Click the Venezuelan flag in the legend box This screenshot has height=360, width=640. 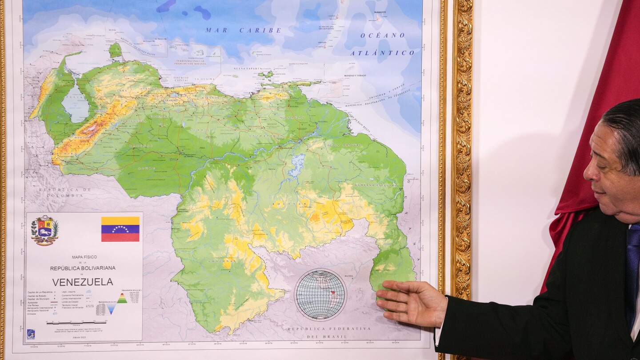click(x=120, y=229)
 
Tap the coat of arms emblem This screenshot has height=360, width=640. click(x=44, y=230)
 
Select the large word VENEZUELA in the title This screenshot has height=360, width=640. click(x=83, y=282)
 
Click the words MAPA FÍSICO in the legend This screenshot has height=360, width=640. click(x=84, y=257)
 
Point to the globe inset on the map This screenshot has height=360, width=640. click(x=320, y=294)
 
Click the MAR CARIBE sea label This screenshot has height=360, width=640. click(x=243, y=30)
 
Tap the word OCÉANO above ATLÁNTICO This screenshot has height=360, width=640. click(x=383, y=35)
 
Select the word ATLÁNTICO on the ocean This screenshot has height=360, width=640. click(x=382, y=53)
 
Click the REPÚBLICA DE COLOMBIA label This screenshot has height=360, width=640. click(x=64, y=192)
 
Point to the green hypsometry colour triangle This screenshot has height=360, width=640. click(x=122, y=298)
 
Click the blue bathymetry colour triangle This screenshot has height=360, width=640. click(x=110, y=308)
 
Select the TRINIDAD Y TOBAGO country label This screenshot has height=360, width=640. click(x=355, y=76)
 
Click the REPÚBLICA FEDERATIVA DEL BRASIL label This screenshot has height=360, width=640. click(x=329, y=332)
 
